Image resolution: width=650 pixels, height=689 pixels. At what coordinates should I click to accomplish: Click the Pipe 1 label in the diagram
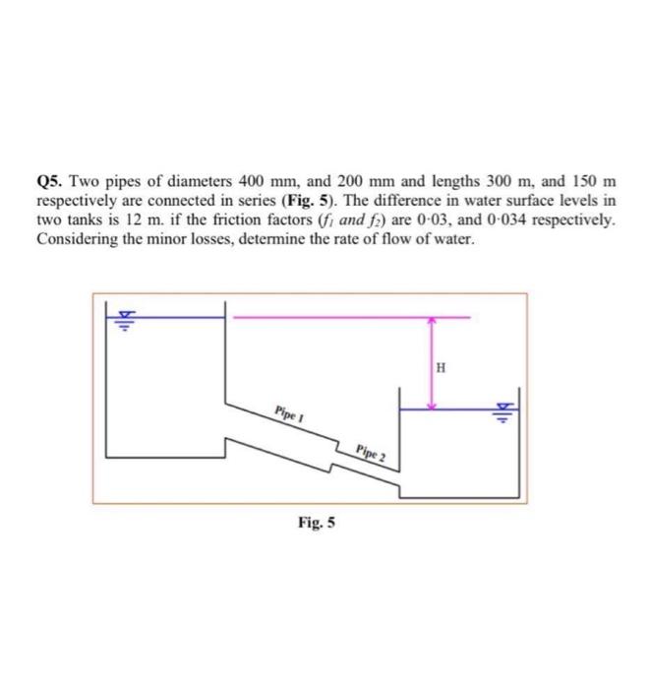[287, 412]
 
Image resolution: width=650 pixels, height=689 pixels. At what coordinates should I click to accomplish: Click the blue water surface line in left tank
[167, 317]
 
